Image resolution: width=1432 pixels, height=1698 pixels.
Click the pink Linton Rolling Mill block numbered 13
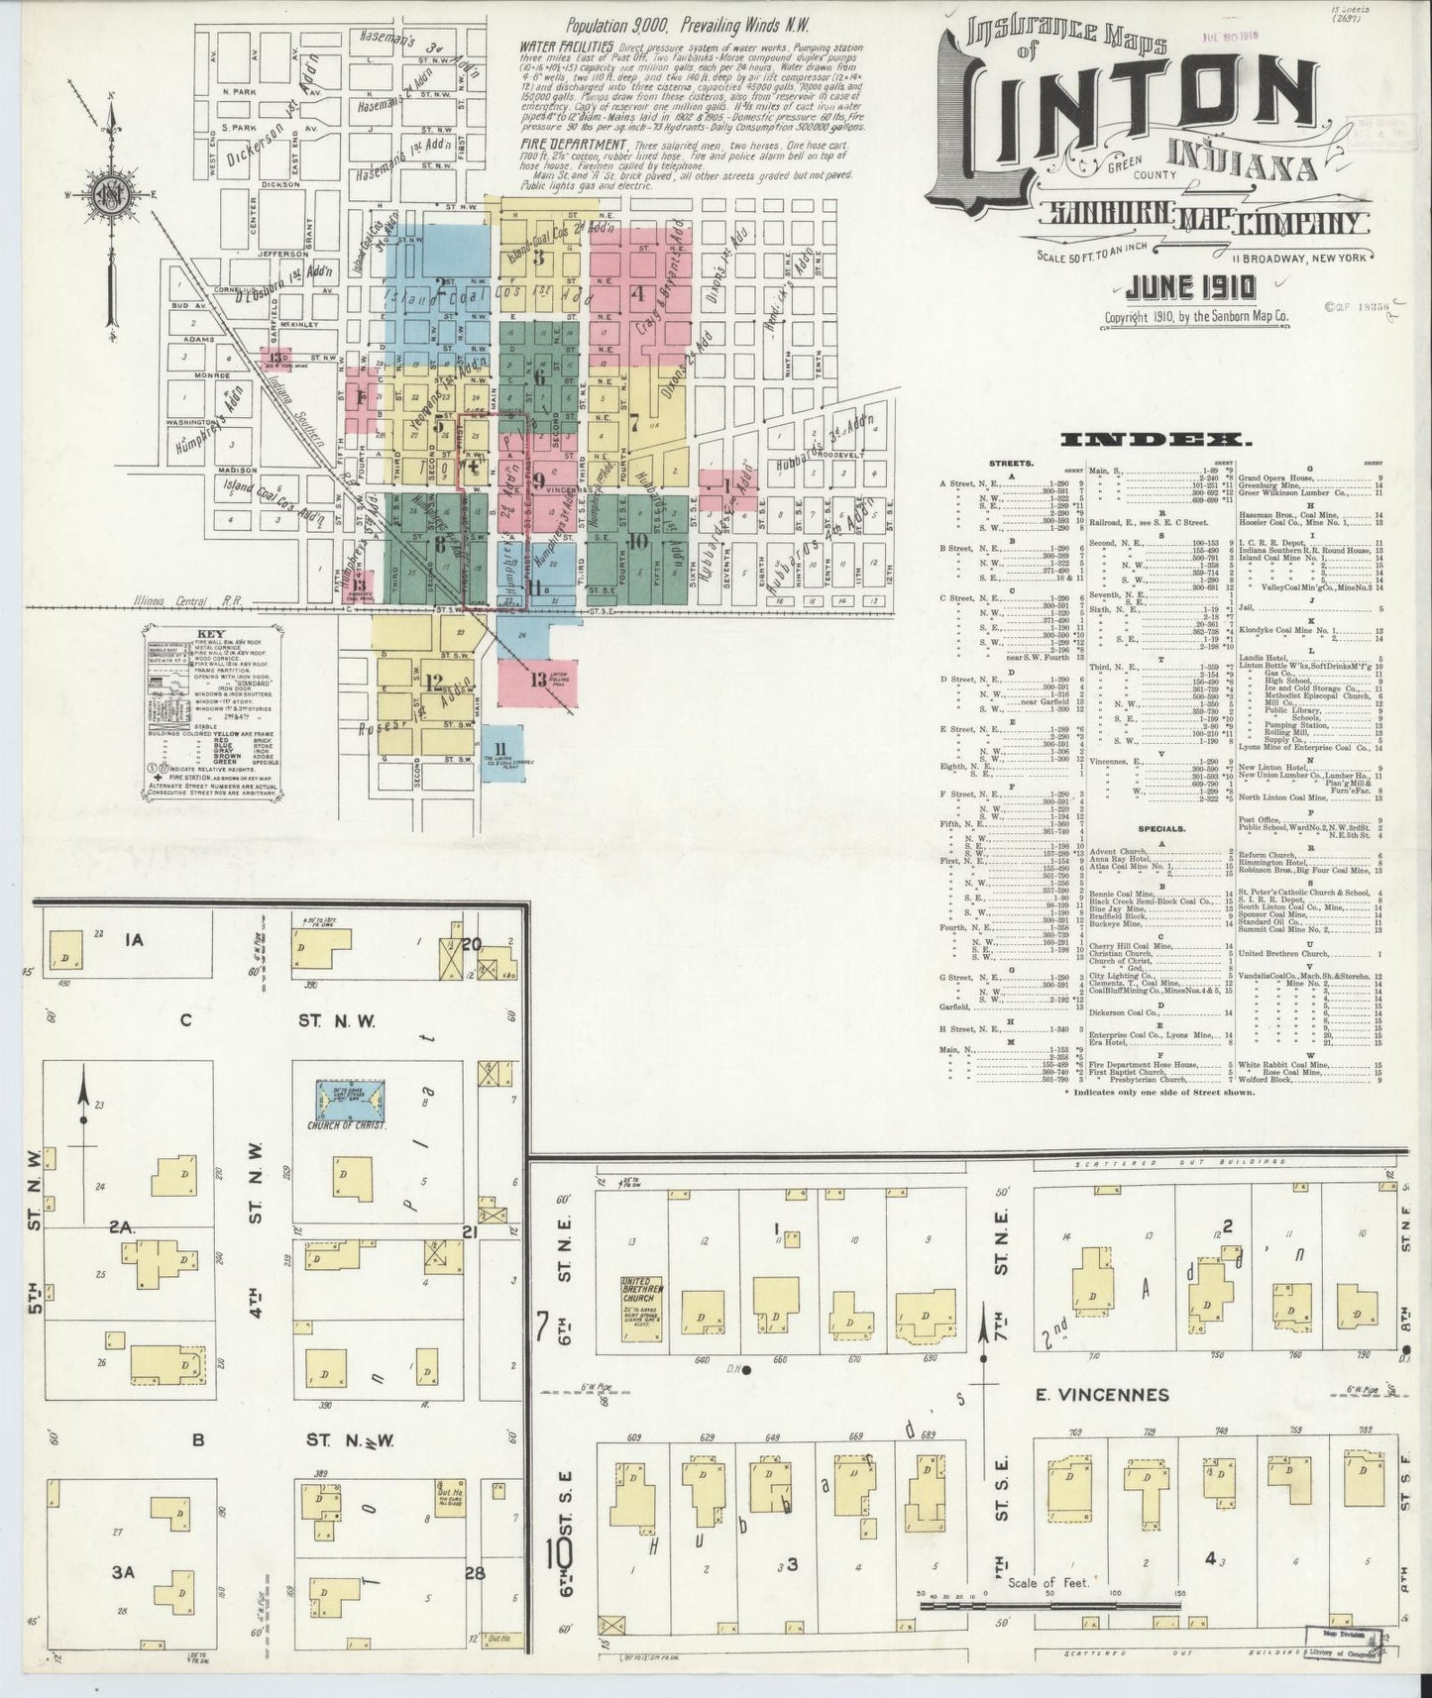[538, 680]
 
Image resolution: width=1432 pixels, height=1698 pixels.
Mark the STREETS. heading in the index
[1011, 463]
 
